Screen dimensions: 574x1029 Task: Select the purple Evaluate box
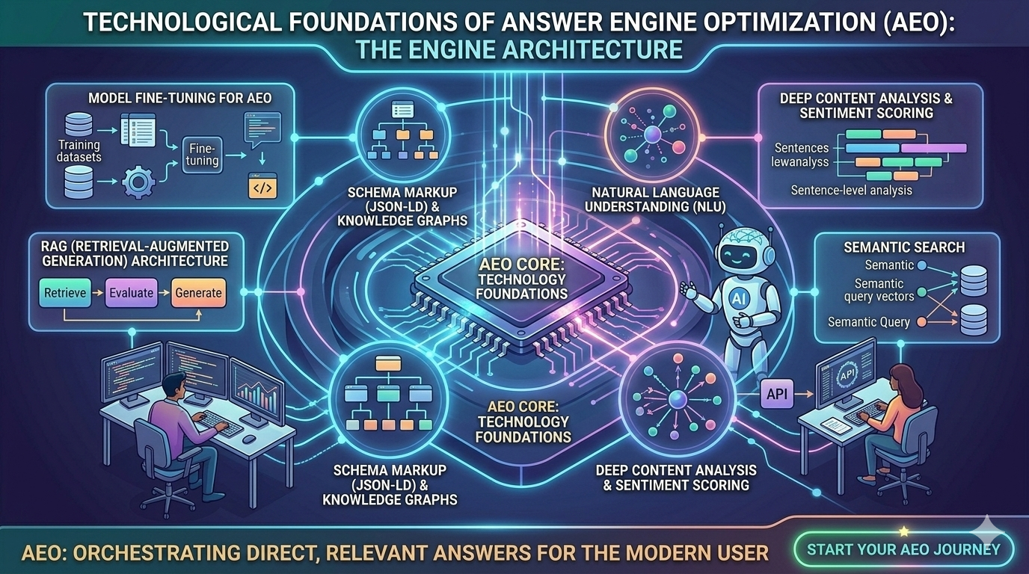click(x=131, y=292)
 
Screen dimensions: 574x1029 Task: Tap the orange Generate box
click(x=198, y=292)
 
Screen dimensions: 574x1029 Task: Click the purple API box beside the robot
click(x=777, y=394)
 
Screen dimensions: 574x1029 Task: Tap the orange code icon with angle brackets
click(x=262, y=185)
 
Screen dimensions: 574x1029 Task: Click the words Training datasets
click(x=79, y=151)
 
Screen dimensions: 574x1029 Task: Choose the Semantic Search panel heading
click(x=904, y=247)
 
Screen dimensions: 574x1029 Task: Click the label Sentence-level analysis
click(x=851, y=191)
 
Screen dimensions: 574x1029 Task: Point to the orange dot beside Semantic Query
click(x=921, y=322)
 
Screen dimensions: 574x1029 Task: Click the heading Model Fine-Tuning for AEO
click(x=169, y=98)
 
